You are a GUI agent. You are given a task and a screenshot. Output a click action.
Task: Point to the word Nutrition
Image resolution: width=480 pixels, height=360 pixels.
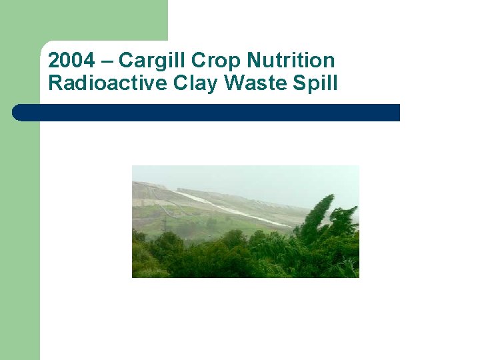(x=291, y=61)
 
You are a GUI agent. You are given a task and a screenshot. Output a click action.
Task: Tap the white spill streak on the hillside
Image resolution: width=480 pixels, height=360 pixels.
(x=227, y=208)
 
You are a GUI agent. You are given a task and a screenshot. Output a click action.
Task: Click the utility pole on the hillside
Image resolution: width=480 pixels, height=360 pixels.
(x=165, y=224)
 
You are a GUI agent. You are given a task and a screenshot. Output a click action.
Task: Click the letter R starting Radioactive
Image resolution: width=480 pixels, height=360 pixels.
(x=54, y=84)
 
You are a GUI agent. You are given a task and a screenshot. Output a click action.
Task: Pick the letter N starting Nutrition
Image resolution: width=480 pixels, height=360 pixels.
(x=254, y=61)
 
